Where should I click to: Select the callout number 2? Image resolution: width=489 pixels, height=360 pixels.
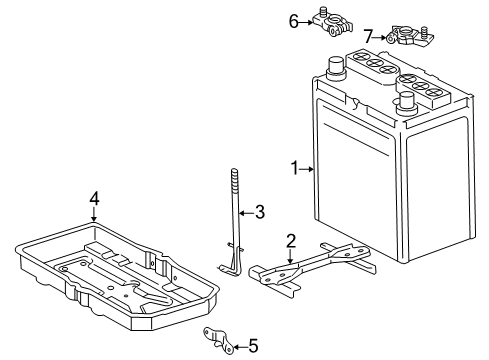point(290,240)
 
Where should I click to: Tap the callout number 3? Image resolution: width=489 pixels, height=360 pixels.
point(259,211)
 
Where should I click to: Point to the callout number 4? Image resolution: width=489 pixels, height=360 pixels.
point(94,199)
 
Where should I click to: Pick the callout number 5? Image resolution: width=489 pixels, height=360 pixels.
point(253,347)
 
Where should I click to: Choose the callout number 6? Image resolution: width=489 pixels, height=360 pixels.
point(294,19)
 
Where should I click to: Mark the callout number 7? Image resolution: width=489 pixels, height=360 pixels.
point(368,37)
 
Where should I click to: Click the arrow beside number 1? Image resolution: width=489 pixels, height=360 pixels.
point(309,170)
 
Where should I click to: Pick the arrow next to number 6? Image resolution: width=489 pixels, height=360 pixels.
point(306,19)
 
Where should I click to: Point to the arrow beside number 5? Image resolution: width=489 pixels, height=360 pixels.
point(238,347)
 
